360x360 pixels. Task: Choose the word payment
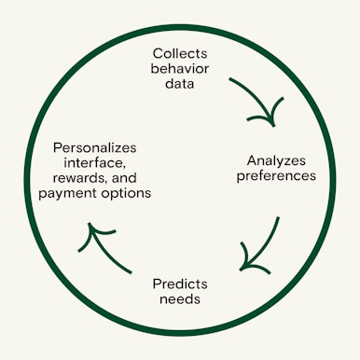click(x=67, y=193)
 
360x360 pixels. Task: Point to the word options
click(x=126, y=193)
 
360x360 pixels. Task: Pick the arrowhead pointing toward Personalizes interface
click(x=95, y=229)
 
